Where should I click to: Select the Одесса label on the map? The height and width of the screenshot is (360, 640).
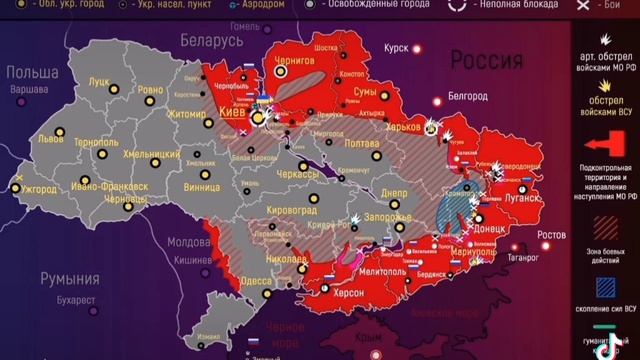pos(257,281)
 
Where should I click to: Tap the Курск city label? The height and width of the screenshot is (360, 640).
pos(398,47)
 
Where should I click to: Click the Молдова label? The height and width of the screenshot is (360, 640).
pos(187,242)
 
